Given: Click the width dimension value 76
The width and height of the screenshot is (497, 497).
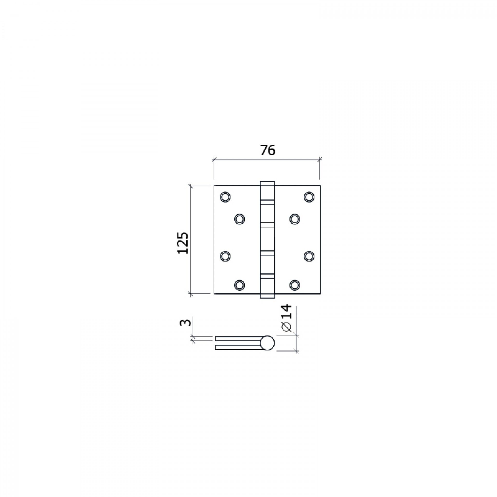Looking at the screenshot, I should click(x=268, y=150).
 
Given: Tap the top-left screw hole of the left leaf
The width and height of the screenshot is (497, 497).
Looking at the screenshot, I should click(x=225, y=197).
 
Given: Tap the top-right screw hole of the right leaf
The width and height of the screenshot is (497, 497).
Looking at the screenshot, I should click(x=309, y=197).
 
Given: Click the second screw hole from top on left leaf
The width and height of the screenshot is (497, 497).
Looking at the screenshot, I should click(x=239, y=219).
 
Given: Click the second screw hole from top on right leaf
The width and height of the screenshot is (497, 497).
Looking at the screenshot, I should click(x=295, y=219).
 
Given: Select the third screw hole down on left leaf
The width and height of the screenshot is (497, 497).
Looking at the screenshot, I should click(x=225, y=256).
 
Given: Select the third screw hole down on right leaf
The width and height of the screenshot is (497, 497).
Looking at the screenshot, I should click(x=309, y=256).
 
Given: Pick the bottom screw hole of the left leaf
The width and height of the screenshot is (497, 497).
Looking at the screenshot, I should click(x=239, y=285).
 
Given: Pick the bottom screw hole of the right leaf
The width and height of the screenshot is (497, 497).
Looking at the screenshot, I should click(x=295, y=285).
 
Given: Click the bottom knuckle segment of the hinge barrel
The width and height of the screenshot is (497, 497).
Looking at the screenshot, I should click(x=267, y=289).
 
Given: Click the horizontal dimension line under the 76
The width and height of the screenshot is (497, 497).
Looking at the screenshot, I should click(x=267, y=160).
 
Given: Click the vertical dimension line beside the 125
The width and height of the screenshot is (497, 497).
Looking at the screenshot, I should click(x=191, y=207).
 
